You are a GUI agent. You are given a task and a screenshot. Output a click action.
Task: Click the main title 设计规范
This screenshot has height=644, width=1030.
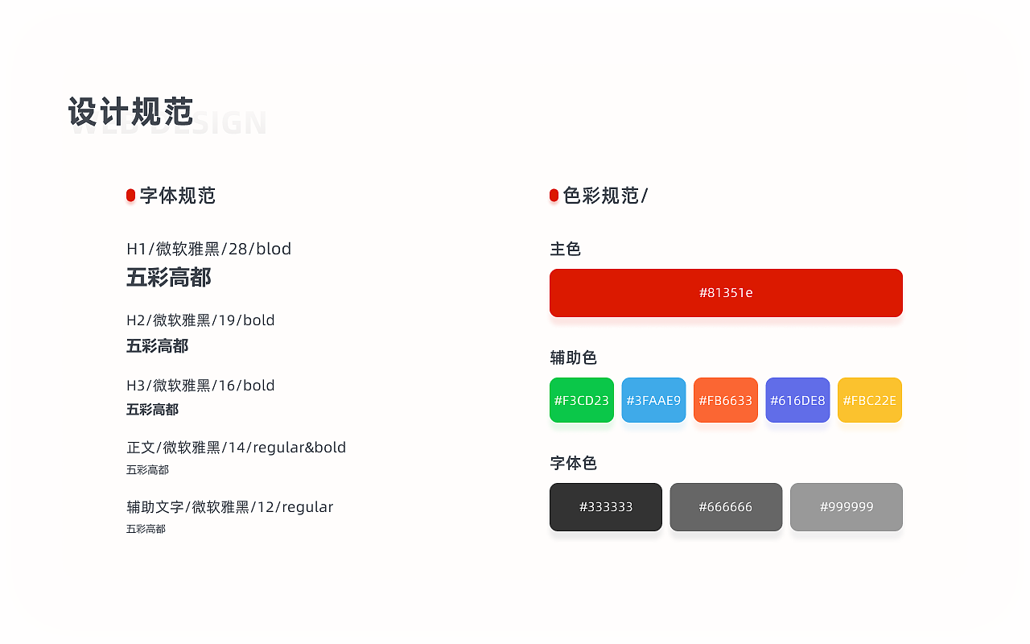pyautogui.click(x=131, y=112)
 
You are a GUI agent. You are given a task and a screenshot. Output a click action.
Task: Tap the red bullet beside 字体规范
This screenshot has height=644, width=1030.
pyautogui.click(x=130, y=196)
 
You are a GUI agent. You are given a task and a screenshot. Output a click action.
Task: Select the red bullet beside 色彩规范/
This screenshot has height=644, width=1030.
pyautogui.click(x=554, y=196)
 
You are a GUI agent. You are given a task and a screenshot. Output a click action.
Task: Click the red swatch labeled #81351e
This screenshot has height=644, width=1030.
pyautogui.click(x=726, y=293)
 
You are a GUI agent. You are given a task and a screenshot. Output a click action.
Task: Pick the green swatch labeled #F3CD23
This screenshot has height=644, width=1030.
pyautogui.click(x=582, y=400)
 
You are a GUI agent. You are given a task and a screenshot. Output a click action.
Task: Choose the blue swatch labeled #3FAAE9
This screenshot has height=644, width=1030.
pyautogui.click(x=653, y=400)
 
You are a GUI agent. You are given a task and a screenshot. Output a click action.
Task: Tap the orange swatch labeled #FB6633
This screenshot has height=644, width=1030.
pyautogui.click(x=726, y=400)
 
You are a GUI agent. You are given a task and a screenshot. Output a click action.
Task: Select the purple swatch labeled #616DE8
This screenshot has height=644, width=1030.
pyautogui.click(x=797, y=400)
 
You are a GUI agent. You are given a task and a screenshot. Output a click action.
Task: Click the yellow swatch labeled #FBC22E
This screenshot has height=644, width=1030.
pyautogui.click(x=870, y=400)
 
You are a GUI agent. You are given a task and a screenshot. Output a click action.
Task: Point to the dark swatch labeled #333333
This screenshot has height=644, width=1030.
pyautogui.click(x=606, y=507)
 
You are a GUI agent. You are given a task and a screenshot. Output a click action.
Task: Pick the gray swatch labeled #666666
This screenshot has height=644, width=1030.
pyautogui.click(x=726, y=507)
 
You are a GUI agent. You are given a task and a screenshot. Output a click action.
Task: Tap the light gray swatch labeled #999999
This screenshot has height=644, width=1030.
pyautogui.click(x=847, y=507)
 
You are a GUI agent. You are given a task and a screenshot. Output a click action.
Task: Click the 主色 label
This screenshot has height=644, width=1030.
pyautogui.click(x=566, y=250)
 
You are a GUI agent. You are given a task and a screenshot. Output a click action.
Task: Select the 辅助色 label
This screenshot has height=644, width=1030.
pyautogui.click(x=574, y=358)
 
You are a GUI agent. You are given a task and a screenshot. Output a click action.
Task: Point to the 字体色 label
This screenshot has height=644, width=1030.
pyautogui.click(x=574, y=464)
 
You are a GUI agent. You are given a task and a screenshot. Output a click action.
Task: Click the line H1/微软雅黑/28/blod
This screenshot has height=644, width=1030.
pyautogui.click(x=209, y=250)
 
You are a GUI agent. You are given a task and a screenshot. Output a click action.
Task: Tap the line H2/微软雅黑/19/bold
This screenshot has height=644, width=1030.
pyautogui.click(x=200, y=320)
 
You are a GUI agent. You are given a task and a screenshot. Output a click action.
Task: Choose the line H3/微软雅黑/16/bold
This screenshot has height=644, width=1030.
pyautogui.click(x=200, y=386)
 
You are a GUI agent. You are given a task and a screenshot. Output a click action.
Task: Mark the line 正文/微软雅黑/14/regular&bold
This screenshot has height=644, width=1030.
pyautogui.click(x=236, y=448)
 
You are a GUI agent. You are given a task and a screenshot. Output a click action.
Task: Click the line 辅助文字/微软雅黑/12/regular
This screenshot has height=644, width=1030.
pyautogui.click(x=229, y=507)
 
